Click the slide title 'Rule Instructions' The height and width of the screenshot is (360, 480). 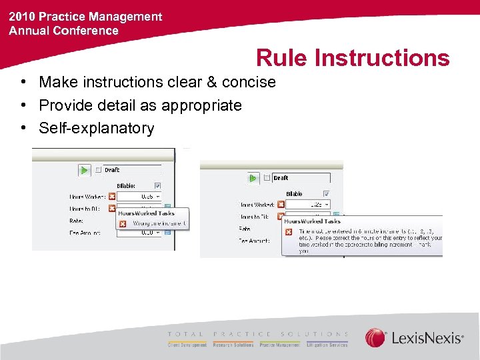[353, 58]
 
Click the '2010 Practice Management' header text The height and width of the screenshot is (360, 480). [85, 17]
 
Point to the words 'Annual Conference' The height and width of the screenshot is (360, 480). [63, 31]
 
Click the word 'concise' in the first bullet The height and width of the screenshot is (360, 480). [250, 82]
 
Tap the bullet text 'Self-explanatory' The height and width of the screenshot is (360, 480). [97, 128]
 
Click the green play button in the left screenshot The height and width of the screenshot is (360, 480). [85, 171]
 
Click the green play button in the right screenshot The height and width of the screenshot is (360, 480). [253, 178]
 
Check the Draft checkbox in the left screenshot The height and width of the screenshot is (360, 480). [99, 171]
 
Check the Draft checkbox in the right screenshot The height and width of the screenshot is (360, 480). [267, 178]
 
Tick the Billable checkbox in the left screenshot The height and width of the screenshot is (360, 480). [157, 186]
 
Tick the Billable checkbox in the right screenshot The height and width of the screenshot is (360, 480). [325, 193]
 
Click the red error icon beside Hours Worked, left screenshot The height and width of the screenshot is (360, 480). [112, 197]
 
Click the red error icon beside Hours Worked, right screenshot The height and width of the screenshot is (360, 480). [281, 205]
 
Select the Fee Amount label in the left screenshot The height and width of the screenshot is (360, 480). [85, 233]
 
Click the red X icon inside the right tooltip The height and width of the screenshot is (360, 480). [289, 232]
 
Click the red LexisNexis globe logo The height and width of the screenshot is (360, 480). [376, 338]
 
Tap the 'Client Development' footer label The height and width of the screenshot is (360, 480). [187, 345]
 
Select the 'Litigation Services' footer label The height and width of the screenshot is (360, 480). [326, 345]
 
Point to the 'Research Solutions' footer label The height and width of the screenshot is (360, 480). [233, 345]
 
